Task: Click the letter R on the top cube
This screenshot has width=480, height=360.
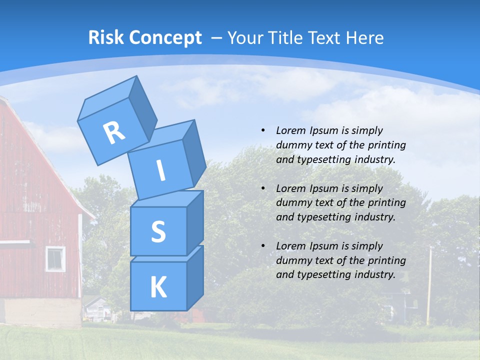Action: (x=114, y=132)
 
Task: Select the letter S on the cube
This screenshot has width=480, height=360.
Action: (x=158, y=231)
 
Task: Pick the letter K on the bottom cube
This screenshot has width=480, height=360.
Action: (x=158, y=287)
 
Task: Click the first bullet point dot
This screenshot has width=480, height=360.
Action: (x=263, y=130)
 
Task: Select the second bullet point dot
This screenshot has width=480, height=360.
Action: (x=263, y=188)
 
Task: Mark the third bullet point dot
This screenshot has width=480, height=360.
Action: (x=263, y=246)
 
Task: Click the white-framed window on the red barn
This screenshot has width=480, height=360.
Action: (x=55, y=258)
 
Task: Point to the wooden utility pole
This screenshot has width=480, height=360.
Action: (x=429, y=285)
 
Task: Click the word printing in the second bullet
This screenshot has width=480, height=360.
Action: (x=388, y=203)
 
